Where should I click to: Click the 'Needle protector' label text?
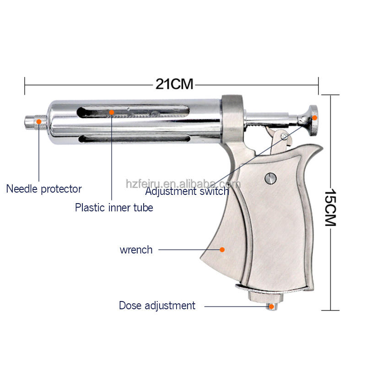44,188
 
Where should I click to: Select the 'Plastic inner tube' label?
114,207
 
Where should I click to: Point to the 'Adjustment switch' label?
187,191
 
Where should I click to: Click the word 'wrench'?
136,250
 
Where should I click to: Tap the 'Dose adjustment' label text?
157,306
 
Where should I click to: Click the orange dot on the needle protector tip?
39,122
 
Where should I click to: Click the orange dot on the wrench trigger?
222,250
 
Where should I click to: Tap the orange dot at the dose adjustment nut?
271,307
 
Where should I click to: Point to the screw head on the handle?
270,177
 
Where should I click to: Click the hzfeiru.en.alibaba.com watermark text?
183,184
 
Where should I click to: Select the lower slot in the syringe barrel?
133,138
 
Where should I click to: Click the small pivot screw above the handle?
284,136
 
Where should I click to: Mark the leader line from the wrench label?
188,250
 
